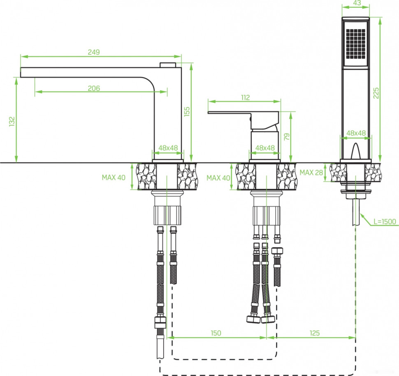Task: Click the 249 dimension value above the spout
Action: (94, 52)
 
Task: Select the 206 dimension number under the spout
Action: (94, 88)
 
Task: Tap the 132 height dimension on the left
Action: (12, 121)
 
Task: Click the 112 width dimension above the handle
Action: (245, 98)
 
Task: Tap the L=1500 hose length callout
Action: (385, 221)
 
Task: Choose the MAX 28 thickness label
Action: (311, 172)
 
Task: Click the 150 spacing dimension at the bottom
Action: (216, 333)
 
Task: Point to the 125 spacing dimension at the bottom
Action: (314, 333)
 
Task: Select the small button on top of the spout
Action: (167, 64)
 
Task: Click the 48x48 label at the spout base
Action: (168, 148)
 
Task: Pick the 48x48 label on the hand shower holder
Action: (356, 133)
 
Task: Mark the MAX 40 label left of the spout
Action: (114, 178)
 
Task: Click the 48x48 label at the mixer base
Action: (265, 148)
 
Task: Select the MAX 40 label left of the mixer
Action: (218, 178)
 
